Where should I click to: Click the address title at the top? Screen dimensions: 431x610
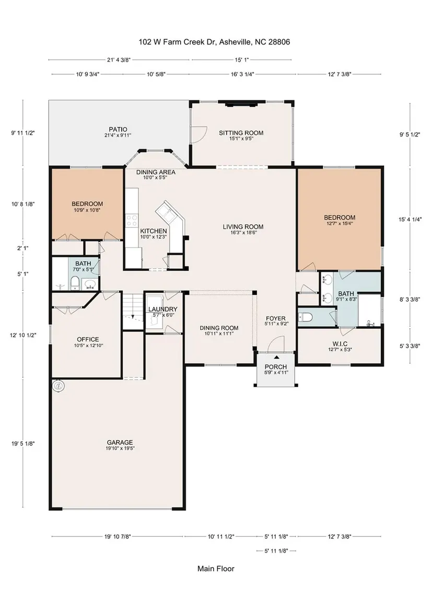click(x=214, y=42)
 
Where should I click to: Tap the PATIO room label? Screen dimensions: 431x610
click(x=118, y=129)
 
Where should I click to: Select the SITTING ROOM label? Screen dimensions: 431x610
click(x=241, y=133)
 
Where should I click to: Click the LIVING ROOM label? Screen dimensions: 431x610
click(x=243, y=226)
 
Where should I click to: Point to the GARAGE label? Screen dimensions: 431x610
click(x=120, y=442)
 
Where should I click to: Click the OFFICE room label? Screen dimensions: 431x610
click(x=88, y=339)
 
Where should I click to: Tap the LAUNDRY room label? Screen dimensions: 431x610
click(x=163, y=309)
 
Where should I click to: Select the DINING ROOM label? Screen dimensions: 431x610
click(x=219, y=328)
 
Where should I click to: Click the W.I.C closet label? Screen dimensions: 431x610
click(x=340, y=344)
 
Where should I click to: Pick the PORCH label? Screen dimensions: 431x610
click(x=276, y=367)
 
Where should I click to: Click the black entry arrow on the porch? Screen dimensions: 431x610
click(x=276, y=356)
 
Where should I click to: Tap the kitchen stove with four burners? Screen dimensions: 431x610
click(x=132, y=221)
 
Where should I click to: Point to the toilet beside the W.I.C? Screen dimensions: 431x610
click(x=306, y=317)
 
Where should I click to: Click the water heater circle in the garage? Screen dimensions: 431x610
click(x=59, y=386)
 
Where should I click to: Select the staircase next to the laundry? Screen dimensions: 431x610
click(x=133, y=311)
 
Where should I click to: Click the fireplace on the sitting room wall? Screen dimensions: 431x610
click(x=242, y=103)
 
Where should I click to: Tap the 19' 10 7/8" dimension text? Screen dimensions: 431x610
click(x=117, y=536)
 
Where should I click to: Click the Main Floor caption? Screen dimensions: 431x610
click(x=216, y=569)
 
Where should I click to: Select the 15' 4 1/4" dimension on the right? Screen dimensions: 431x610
click(x=410, y=219)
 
